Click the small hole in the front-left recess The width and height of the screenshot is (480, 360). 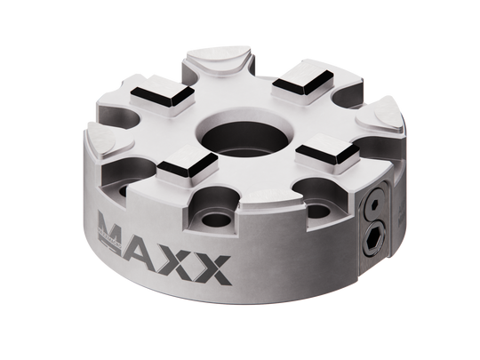coord(214,217)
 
